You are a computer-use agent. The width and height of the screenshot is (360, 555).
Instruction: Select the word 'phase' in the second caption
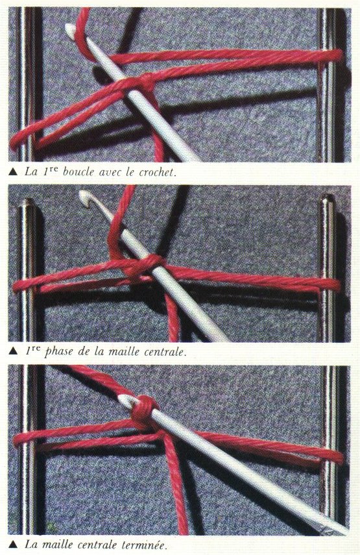tap(59, 352)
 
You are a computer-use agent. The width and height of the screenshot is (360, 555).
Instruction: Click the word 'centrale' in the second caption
tap(164, 352)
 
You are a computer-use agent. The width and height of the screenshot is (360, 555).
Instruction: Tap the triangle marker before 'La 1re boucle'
tap(13, 173)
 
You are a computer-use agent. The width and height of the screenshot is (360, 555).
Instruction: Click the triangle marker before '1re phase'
tap(13, 352)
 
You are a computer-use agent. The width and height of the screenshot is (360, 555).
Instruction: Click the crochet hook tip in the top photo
tap(69, 28)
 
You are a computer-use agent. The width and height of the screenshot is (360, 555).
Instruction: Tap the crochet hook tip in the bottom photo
tap(123, 399)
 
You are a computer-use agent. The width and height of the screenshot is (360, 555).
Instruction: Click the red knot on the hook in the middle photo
tap(145, 267)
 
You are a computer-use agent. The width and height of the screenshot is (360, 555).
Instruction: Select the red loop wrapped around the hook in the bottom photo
tap(144, 409)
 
